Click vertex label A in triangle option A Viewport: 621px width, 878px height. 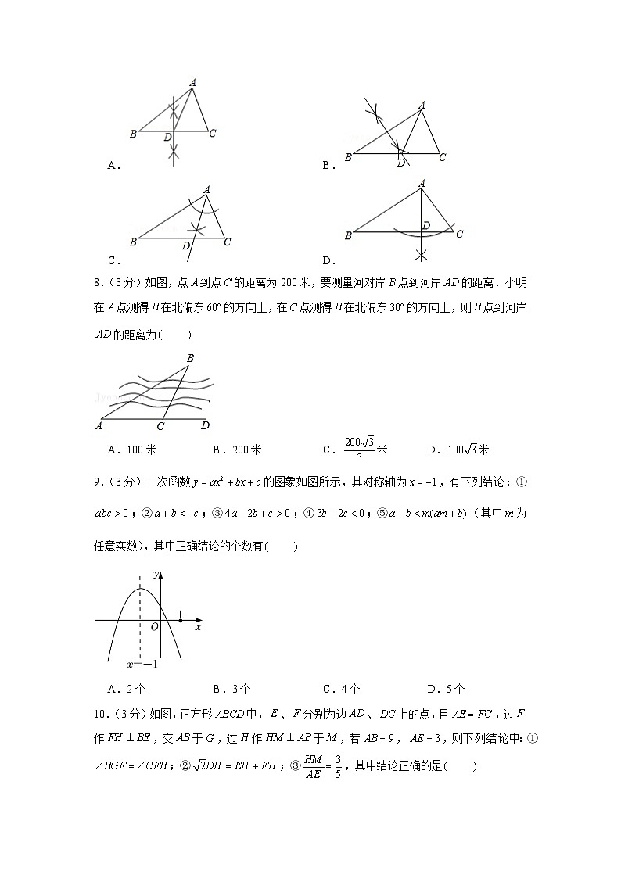(192, 81)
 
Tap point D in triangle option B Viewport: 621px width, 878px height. (401, 163)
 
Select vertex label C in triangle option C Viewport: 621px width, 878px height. (227, 242)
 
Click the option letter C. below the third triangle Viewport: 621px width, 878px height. (113, 260)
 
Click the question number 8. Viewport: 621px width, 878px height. (98, 283)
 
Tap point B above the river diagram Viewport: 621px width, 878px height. (190, 358)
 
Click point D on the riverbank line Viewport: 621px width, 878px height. (205, 425)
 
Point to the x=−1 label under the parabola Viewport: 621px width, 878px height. (142, 665)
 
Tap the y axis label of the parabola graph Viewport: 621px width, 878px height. (156, 575)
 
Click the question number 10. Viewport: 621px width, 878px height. (101, 714)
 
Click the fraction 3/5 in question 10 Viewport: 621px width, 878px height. (338, 765)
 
